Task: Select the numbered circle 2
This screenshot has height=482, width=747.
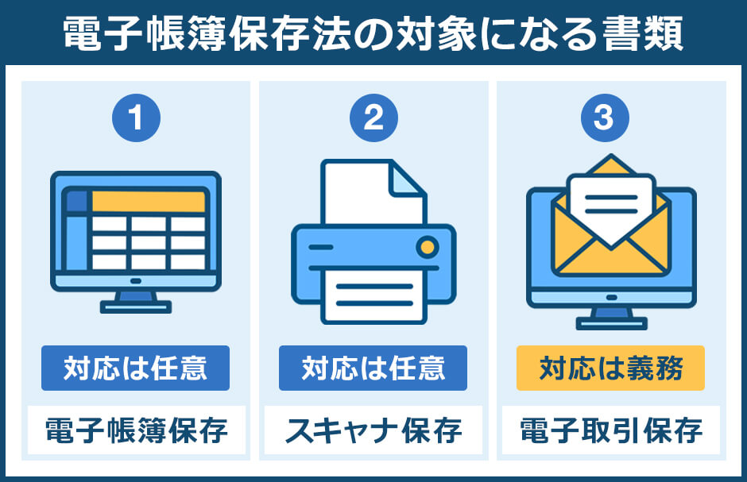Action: pyautogui.click(x=373, y=119)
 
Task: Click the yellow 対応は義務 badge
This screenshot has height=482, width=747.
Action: pyautogui.click(x=610, y=368)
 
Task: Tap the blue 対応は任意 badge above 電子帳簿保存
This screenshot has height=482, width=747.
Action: pyautogui.click(x=135, y=368)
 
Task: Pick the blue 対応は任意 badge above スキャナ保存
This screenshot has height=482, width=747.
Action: pyautogui.click(x=373, y=368)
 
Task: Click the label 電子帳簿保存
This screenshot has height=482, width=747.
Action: pyautogui.click(x=135, y=431)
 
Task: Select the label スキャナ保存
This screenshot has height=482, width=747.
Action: pyautogui.click(x=373, y=431)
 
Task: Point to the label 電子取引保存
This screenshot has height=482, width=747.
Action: pyautogui.click(x=610, y=431)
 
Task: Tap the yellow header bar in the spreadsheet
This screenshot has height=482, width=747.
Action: pyautogui.click(x=148, y=201)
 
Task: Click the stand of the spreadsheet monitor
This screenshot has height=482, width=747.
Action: pyautogui.click(x=135, y=304)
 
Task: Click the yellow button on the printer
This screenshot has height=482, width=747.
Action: pyautogui.click(x=428, y=247)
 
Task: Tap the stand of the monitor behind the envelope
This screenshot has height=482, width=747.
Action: pyautogui.click(x=610, y=318)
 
